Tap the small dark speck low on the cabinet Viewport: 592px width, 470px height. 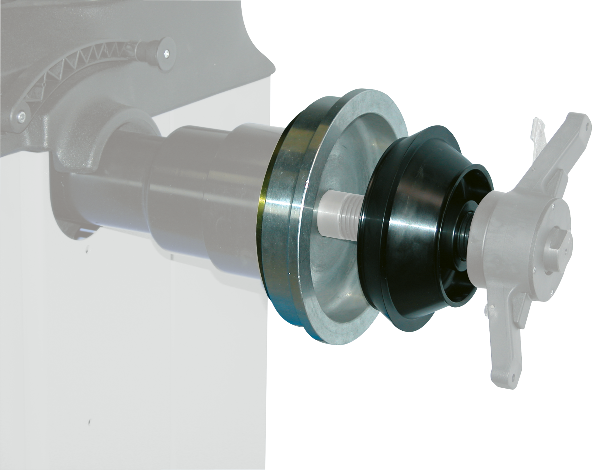pos(89,421)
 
